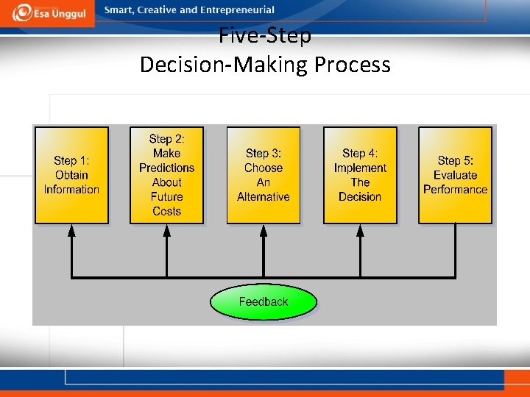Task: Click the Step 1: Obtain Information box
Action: [x=71, y=175]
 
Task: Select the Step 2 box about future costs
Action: [x=166, y=175]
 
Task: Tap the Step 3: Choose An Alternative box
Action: [x=264, y=175]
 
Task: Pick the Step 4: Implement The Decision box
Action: [x=360, y=175]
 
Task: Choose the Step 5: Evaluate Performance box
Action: [x=455, y=175]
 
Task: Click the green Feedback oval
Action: [x=264, y=302]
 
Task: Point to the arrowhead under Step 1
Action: [x=71, y=230]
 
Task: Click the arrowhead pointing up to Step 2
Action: [x=167, y=230]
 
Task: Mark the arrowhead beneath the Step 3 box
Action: [x=264, y=230]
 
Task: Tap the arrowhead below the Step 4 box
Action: [x=360, y=230]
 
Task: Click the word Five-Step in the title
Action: [x=265, y=35]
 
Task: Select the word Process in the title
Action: [x=353, y=65]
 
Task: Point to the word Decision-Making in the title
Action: [x=224, y=65]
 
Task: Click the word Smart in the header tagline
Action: [x=119, y=10]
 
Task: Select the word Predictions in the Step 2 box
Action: [x=166, y=168]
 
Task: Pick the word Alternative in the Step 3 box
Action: [x=264, y=197]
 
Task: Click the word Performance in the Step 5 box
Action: [x=455, y=190]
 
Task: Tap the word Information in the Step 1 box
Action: [x=71, y=190]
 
